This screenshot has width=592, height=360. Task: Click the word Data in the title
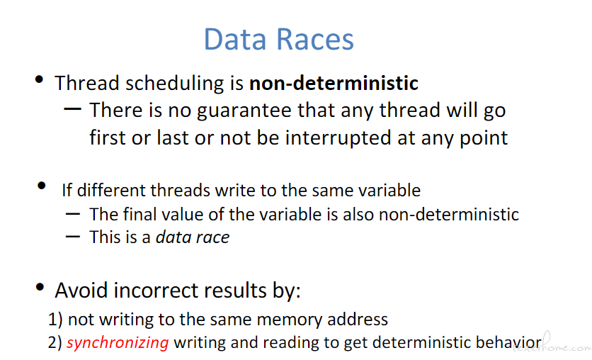(x=235, y=39)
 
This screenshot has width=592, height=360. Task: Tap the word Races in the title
(x=315, y=39)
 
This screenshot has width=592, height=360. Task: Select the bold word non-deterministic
(x=334, y=83)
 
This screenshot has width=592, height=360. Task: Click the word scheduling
(x=174, y=84)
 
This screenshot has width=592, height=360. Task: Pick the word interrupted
(x=338, y=138)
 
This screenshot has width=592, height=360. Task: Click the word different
(x=111, y=190)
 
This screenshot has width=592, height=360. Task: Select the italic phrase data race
(x=193, y=237)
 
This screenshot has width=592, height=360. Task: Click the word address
(x=358, y=320)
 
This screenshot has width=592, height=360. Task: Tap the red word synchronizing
(x=118, y=343)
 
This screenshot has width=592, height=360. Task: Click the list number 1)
(x=55, y=320)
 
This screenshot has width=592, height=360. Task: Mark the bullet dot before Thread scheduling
(x=39, y=79)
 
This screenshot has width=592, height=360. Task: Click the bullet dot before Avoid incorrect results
(x=40, y=287)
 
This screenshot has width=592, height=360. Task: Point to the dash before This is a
(x=72, y=237)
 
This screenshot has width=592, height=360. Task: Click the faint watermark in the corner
(x=552, y=344)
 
